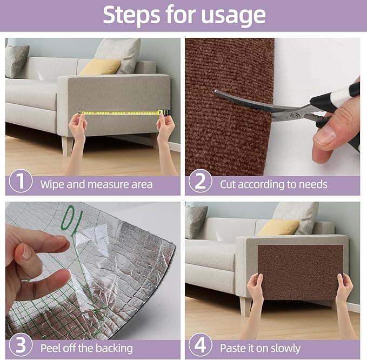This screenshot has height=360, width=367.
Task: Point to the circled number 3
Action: pos(21,346)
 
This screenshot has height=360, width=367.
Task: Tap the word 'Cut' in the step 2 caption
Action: pos(229,184)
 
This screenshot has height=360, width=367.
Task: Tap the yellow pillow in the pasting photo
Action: pos(278,227)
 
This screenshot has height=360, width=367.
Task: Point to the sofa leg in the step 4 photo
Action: pos(246,306)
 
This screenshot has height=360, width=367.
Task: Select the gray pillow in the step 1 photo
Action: pos(17,61)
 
